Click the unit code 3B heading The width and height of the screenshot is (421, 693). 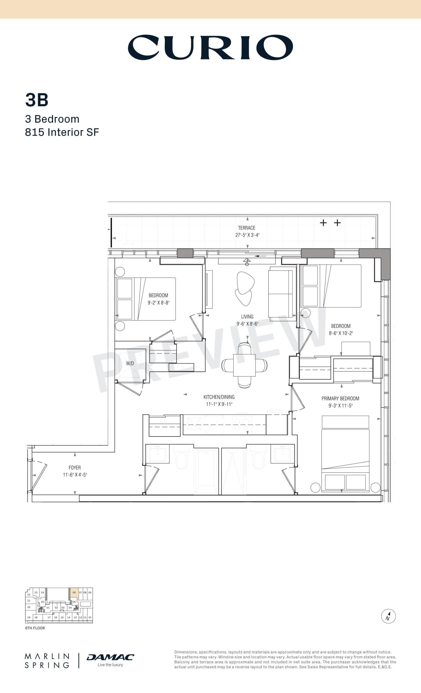click(x=37, y=100)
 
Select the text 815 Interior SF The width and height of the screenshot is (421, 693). click(x=62, y=132)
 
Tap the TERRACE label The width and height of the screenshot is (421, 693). click(x=247, y=228)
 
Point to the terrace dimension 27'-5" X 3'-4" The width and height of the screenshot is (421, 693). click(x=247, y=235)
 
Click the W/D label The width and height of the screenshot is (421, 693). click(x=130, y=363)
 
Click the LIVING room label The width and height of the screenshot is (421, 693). click(x=247, y=316)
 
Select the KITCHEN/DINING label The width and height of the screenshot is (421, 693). click(x=219, y=397)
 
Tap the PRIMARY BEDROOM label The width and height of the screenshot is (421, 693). click(x=340, y=398)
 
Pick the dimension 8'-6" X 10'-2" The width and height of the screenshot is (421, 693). click(x=341, y=333)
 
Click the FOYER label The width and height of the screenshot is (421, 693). click(x=75, y=468)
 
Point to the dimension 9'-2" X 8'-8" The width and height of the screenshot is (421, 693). click(x=158, y=303)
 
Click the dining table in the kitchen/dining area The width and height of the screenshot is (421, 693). click(x=244, y=365)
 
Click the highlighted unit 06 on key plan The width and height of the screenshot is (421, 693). click(x=74, y=592)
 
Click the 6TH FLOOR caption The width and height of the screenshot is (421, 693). click(x=35, y=628)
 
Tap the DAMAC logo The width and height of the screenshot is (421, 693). click(x=110, y=657)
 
